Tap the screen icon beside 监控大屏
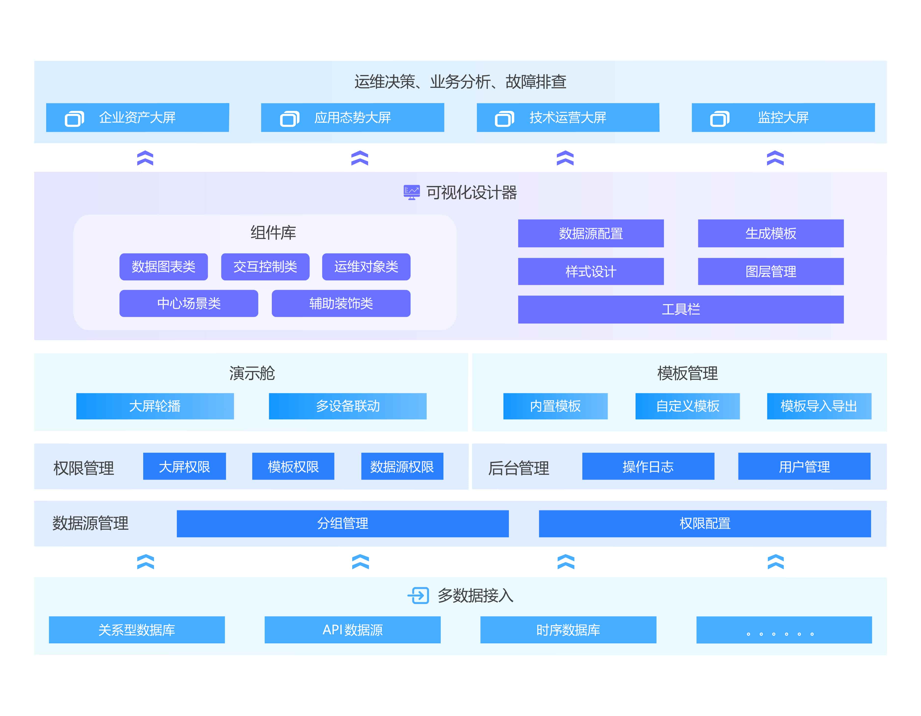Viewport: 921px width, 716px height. click(x=719, y=119)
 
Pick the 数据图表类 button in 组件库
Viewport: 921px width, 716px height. click(x=164, y=267)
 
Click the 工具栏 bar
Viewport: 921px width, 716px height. click(x=681, y=310)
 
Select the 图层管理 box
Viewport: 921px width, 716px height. click(x=770, y=271)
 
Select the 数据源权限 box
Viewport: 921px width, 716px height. click(x=402, y=466)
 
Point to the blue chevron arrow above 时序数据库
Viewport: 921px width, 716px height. click(x=566, y=562)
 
